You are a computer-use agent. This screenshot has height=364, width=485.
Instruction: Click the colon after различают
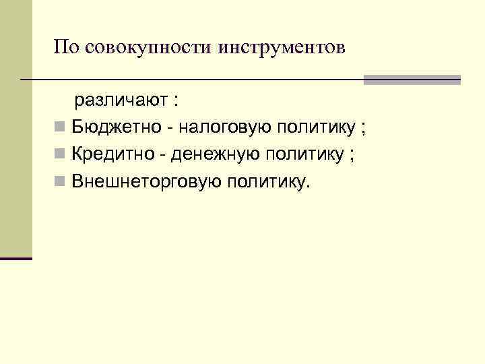[x=176, y=102]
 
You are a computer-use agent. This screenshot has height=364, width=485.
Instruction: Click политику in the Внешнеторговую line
[x=269, y=181]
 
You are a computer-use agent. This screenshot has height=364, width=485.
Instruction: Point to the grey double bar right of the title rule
[x=412, y=80]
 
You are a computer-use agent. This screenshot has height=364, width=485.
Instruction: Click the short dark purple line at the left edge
[x=16, y=258]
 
